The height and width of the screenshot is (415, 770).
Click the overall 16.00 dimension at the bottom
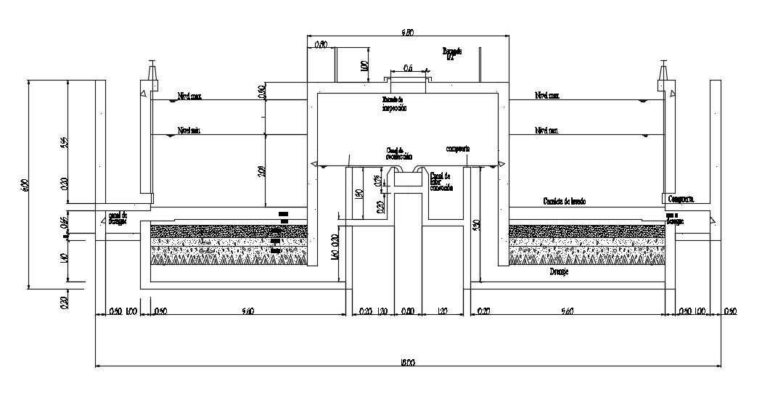(x=406, y=362)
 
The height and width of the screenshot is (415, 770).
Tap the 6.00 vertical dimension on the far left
(x=24, y=185)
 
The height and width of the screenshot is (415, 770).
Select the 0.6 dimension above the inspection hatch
(x=408, y=68)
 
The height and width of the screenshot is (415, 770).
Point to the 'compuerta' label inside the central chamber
(x=458, y=148)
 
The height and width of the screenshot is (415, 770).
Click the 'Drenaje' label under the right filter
(x=558, y=274)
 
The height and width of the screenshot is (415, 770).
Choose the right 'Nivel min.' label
(x=547, y=131)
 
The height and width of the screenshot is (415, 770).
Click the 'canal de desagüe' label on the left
(x=117, y=218)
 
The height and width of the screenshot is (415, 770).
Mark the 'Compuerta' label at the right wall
(x=681, y=197)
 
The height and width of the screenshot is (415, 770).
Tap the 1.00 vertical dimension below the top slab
(x=364, y=67)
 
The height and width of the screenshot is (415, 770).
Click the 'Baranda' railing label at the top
(x=451, y=53)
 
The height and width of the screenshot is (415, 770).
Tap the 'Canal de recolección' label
(x=398, y=154)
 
